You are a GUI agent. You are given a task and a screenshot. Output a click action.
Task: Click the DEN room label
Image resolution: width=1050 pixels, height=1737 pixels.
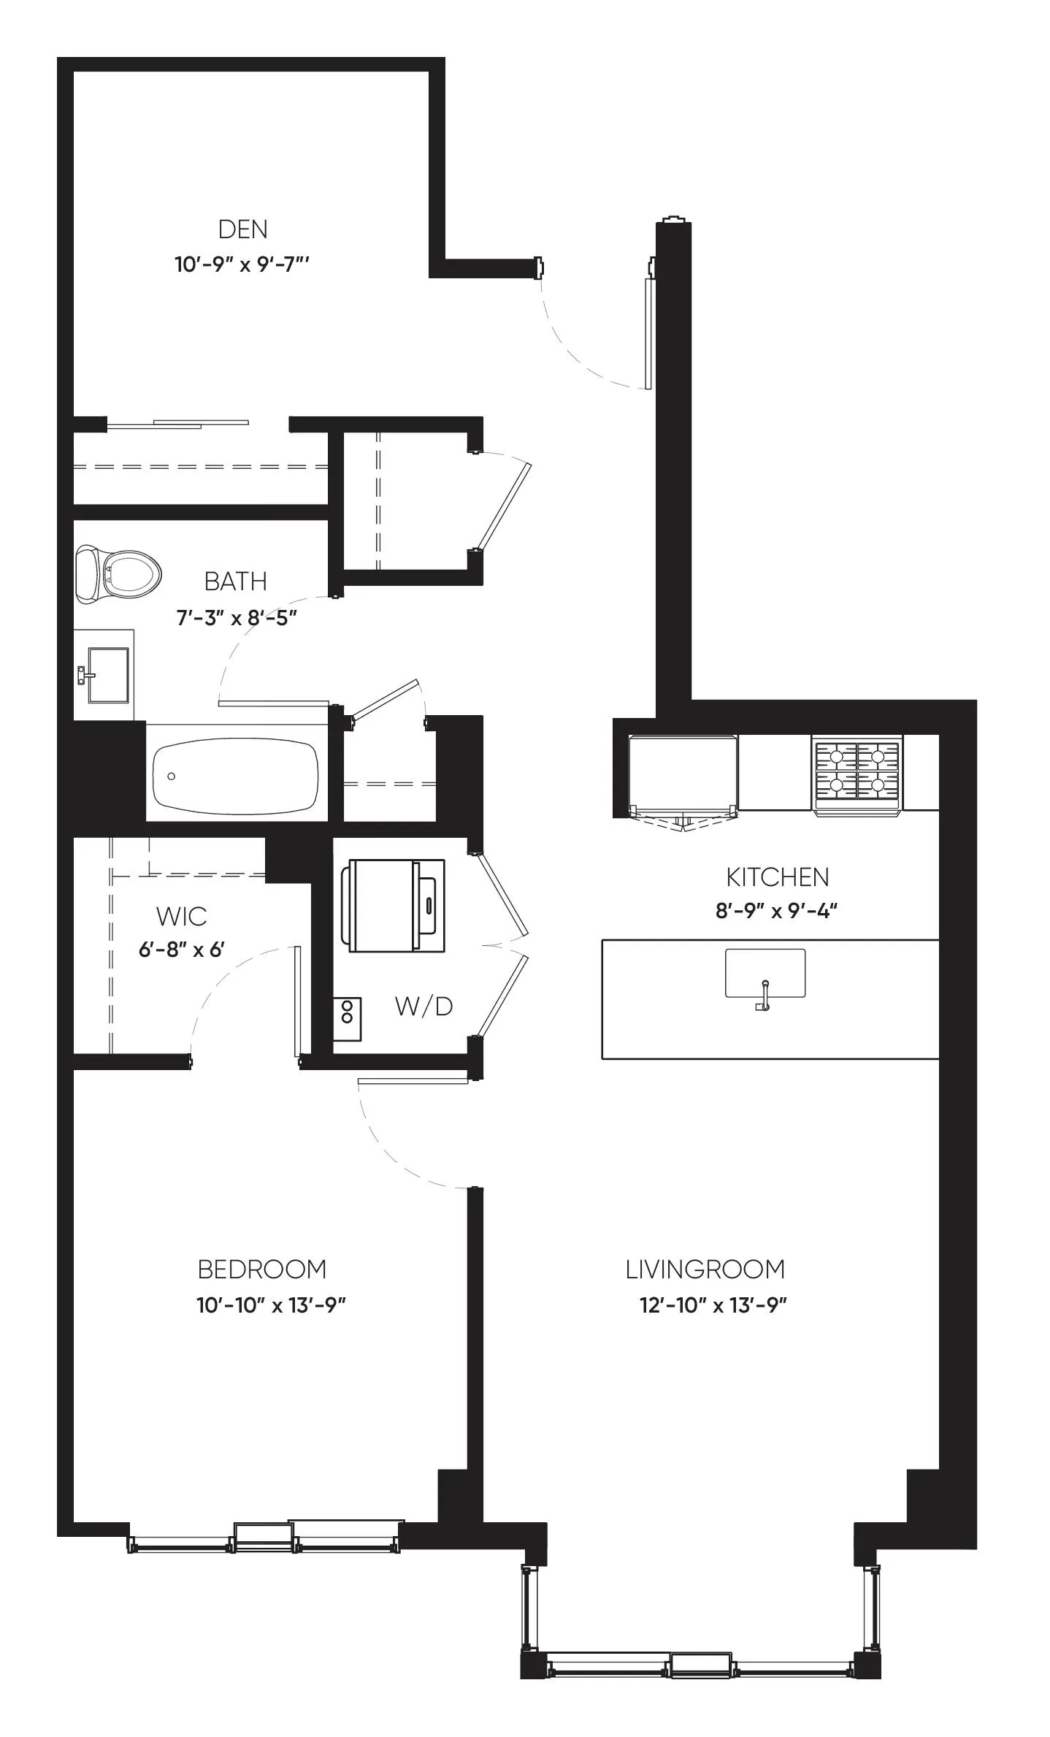pos(242,229)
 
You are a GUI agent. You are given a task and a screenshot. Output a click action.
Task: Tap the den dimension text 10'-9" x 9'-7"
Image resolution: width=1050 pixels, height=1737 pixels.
pos(242,264)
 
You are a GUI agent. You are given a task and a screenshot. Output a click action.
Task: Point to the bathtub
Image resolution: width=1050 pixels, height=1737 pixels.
pos(235,776)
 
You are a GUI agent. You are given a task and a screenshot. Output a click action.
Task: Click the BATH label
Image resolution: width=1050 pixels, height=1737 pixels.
pos(235,581)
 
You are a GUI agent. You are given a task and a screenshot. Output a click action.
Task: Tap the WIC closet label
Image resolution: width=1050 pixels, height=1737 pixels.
pos(181,916)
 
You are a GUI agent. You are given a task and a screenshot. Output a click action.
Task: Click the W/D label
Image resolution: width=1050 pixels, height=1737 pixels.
pos(424,1006)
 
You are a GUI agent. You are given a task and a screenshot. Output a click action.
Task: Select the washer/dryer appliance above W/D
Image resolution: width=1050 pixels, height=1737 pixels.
pos(396,906)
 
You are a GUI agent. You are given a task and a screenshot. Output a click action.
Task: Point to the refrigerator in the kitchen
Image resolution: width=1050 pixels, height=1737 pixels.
pos(683,776)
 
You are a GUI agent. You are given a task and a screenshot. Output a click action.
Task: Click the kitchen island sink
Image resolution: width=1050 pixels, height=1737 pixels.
pos(764,974)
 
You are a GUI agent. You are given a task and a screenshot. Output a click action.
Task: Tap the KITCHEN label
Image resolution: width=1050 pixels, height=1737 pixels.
pos(777,877)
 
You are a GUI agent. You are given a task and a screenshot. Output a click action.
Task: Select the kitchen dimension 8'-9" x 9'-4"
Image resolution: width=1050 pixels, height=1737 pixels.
pos(775,911)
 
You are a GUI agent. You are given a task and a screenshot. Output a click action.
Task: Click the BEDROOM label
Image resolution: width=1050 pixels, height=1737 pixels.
pos(261,1270)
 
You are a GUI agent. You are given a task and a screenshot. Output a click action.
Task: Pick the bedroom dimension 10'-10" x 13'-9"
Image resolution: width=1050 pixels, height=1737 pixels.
pos(270,1305)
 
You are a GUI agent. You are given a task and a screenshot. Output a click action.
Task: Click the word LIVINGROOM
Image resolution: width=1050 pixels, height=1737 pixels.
pos(705,1270)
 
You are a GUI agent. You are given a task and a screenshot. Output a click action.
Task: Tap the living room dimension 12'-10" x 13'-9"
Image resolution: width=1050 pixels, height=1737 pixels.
pos(713,1305)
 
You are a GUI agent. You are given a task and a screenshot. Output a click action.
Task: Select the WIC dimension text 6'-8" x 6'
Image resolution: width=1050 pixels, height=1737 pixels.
pos(181,950)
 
